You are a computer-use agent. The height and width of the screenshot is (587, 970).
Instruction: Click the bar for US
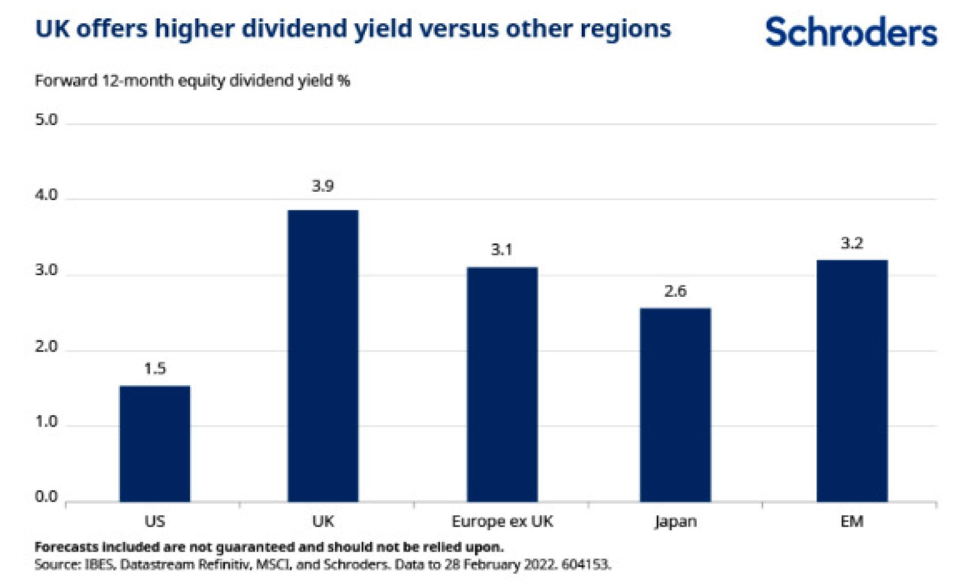point(155,444)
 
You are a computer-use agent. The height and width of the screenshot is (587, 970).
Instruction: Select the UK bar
point(323,356)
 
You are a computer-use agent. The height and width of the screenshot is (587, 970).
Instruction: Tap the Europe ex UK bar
point(502,385)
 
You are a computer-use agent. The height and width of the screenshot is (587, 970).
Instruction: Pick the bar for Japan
point(675,405)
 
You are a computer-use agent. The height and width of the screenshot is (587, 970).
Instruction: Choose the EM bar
point(852,381)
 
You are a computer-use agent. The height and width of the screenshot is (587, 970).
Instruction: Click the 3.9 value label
point(323,186)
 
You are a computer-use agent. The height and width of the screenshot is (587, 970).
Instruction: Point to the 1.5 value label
point(155,369)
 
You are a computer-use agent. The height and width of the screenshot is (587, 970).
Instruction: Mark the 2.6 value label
point(675,291)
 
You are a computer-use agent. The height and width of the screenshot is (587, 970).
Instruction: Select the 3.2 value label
point(852,243)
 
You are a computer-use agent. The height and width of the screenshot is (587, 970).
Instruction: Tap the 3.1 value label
point(502,249)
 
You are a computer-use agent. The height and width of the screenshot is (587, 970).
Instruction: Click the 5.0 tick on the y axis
point(46,120)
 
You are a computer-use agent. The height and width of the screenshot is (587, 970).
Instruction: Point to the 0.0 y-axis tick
point(46,497)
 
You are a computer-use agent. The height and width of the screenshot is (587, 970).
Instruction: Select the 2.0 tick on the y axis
point(46,346)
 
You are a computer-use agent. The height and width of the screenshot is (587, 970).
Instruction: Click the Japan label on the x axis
point(675,521)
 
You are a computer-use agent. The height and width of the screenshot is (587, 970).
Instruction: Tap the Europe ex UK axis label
point(502,521)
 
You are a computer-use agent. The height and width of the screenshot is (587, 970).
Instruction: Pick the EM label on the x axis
point(852,521)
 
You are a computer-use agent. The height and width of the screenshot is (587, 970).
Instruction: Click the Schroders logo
point(851,32)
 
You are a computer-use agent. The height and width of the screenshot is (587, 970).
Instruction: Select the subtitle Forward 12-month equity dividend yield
point(192,81)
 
